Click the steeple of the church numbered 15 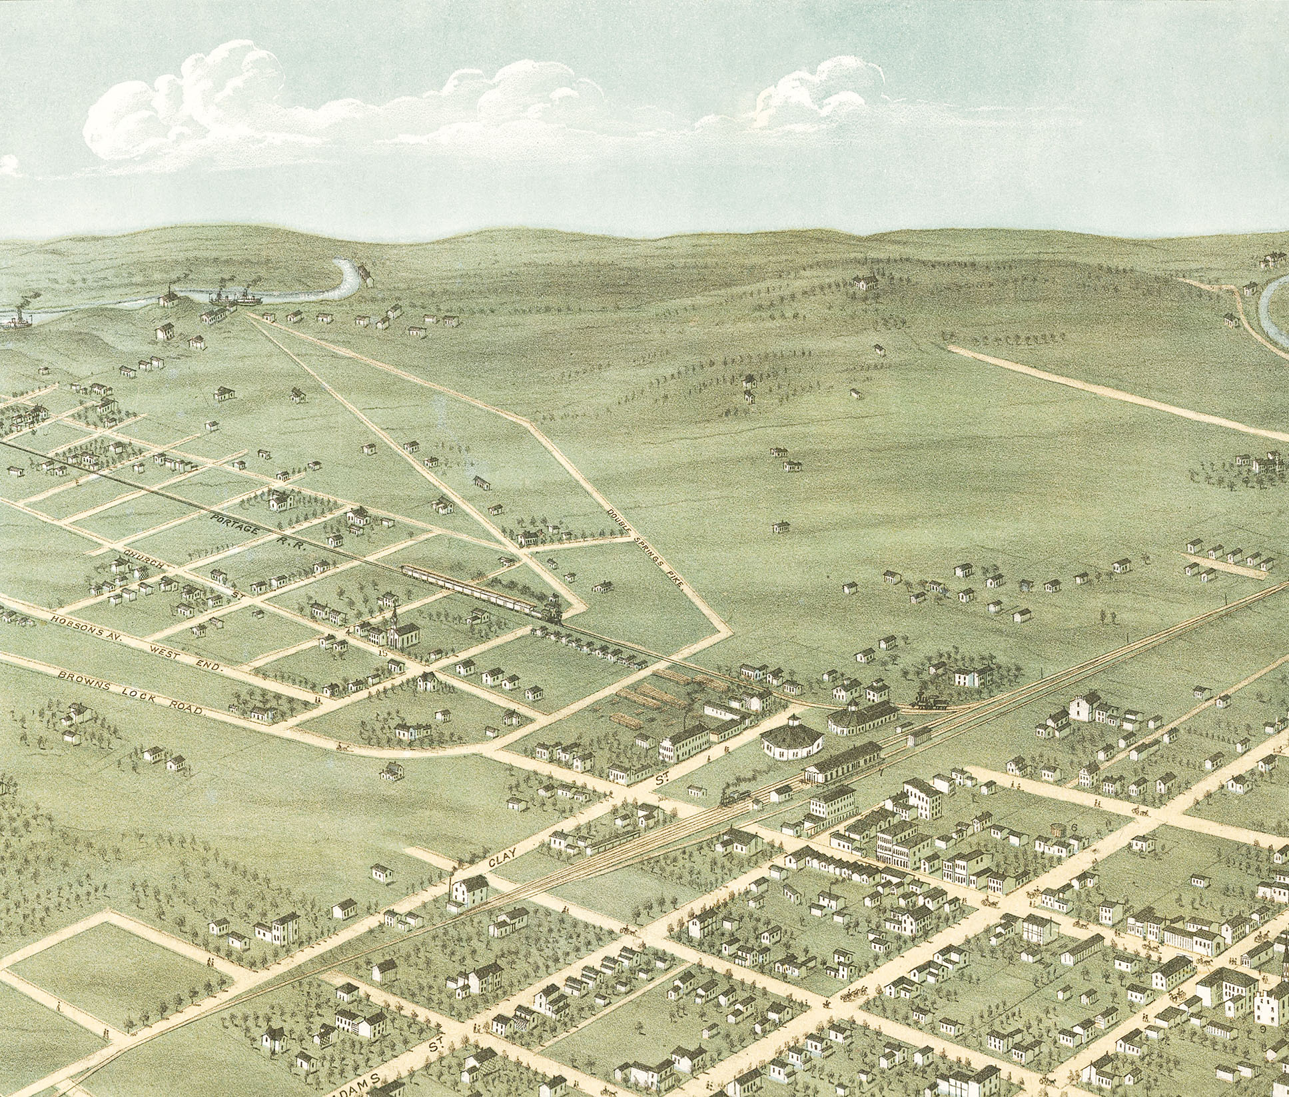[394, 614]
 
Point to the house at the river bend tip [363, 272]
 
